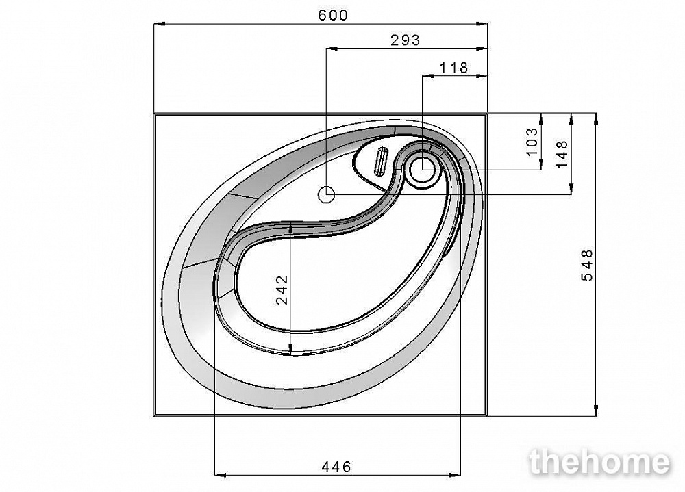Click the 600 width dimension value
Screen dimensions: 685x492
click(333, 15)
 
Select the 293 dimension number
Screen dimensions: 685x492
click(405, 40)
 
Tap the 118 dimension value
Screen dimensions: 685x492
click(453, 68)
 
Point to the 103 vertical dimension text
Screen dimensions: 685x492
click(532, 142)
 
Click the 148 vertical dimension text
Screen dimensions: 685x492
click(562, 154)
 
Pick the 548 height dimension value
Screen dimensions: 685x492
click(587, 265)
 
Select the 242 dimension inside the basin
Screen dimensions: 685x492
click(282, 289)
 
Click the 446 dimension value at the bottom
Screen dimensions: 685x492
click(336, 467)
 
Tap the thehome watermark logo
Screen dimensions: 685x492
click(599, 462)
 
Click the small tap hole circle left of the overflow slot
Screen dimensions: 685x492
click(326, 195)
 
